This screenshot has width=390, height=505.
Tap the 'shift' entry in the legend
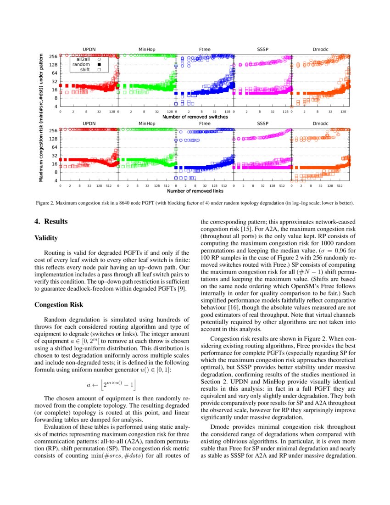[x=85, y=70]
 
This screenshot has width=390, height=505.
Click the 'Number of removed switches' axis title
[x=195, y=117]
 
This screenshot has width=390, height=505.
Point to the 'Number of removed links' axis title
[x=195, y=191]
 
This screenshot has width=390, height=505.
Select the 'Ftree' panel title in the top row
[x=205, y=49]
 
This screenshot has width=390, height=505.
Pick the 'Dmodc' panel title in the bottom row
[x=320, y=123]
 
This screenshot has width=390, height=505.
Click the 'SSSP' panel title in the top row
[x=262, y=49]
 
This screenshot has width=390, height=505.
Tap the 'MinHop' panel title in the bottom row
[x=147, y=123]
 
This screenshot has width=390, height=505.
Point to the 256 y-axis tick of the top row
[x=53, y=56]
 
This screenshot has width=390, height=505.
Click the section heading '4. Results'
[x=51, y=222]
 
